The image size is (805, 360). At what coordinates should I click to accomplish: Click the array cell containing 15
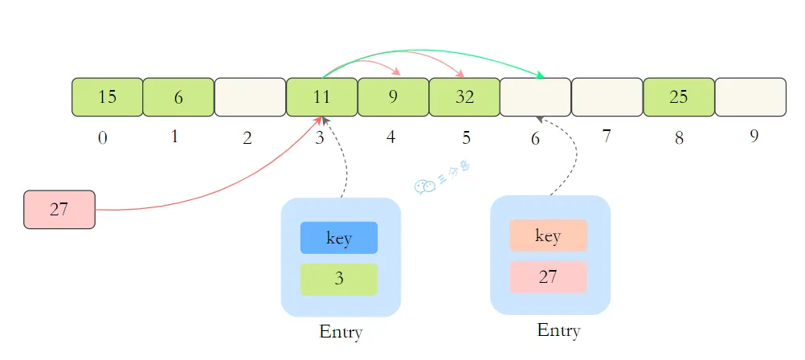pyautogui.click(x=108, y=97)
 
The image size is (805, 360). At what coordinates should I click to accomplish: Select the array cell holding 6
pyautogui.click(x=178, y=97)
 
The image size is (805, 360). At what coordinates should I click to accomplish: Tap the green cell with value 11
pyautogui.click(x=321, y=97)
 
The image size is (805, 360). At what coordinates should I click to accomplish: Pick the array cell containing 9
pyautogui.click(x=393, y=97)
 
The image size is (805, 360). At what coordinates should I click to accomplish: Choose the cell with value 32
pyautogui.click(x=464, y=97)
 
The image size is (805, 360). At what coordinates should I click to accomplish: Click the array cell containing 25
pyautogui.click(x=679, y=97)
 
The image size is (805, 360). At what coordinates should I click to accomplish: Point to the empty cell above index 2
pyautogui.click(x=250, y=97)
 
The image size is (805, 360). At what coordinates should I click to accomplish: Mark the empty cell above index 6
pyautogui.click(x=536, y=97)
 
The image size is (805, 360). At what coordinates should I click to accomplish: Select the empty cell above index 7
pyautogui.click(x=607, y=97)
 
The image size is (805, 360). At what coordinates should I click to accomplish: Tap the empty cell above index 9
pyautogui.click(x=750, y=97)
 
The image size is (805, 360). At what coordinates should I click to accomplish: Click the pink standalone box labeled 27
pyautogui.click(x=59, y=210)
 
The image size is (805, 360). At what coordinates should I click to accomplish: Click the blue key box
pyautogui.click(x=339, y=238)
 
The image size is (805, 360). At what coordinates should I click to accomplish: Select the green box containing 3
pyautogui.click(x=339, y=279)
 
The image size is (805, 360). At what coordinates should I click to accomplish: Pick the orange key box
pyautogui.click(x=548, y=236)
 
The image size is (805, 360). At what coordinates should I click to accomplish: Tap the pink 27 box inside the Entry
pyautogui.click(x=548, y=277)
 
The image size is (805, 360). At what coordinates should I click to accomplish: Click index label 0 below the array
pyautogui.click(x=103, y=138)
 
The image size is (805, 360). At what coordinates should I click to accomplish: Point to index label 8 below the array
pyautogui.click(x=680, y=138)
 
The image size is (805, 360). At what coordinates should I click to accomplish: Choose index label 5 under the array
pyautogui.click(x=466, y=138)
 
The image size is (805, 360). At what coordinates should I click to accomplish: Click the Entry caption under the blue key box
pyautogui.click(x=341, y=332)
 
